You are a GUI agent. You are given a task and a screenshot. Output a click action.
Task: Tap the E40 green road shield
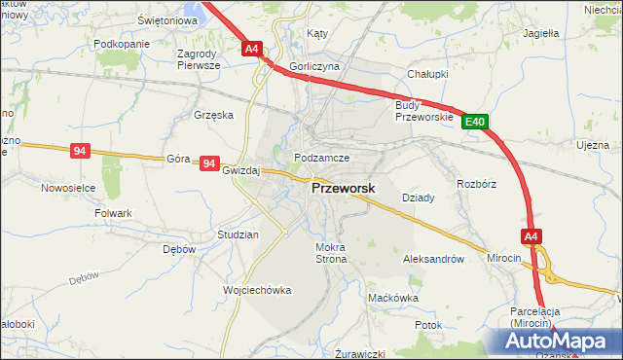pyautogui.click(x=474, y=122)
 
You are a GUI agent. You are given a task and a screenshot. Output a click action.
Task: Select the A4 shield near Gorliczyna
pyautogui.click(x=251, y=48)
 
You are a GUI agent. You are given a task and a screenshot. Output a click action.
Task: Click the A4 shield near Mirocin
pyautogui.click(x=531, y=235)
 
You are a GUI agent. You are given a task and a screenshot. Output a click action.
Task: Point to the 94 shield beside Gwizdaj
pyautogui.click(x=208, y=163)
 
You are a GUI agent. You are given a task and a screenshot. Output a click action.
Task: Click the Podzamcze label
pyautogui.click(x=321, y=157)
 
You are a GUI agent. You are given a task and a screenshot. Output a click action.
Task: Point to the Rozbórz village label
pyautogui.click(x=476, y=183)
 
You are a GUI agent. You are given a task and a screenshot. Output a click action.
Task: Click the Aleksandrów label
pyautogui.click(x=432, y=260)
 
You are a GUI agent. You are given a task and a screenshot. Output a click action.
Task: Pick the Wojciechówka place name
pyautogui.click(x=258, y=290)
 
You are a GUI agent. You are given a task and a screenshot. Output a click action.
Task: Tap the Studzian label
pyautogui.click(x=238, y=235)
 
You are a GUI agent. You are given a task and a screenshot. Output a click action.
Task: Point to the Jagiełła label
pyautogui.click(x=540, y=32)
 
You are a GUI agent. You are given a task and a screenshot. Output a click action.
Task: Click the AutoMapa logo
pyautogui.click(x=560, y=341)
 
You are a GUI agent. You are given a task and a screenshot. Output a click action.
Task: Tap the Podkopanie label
pyautogui.click(x=122, y=45)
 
